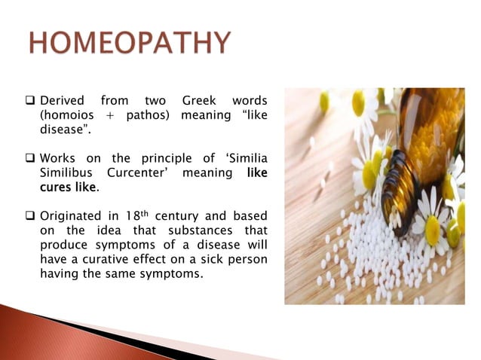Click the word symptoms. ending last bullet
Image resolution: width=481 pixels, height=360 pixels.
point(175,273)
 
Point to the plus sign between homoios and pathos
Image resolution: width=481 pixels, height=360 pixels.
point(112,114)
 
